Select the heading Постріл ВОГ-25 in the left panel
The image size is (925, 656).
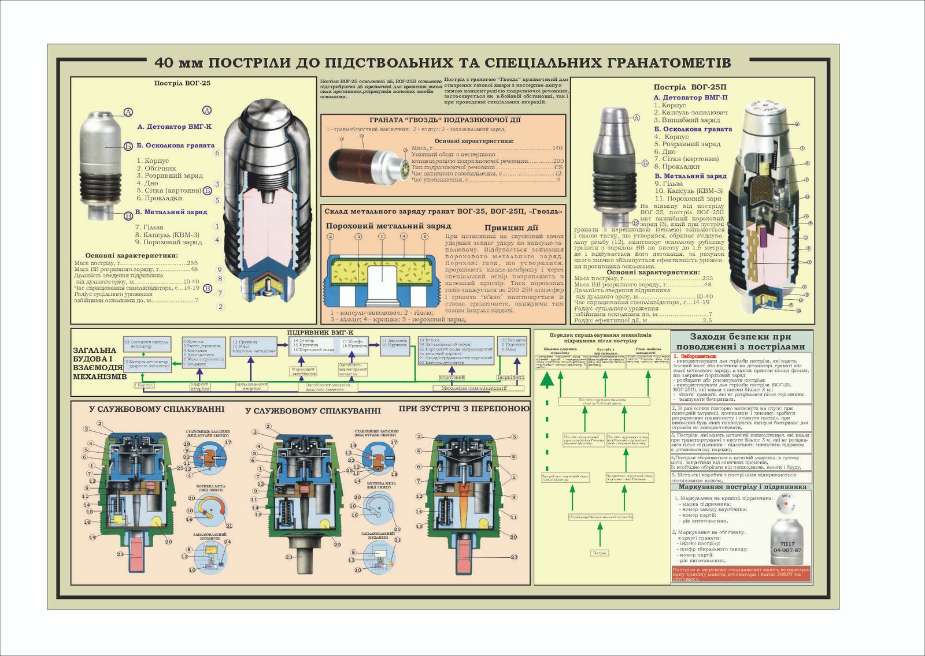pos(182,83)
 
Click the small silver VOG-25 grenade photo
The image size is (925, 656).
pos(105,165)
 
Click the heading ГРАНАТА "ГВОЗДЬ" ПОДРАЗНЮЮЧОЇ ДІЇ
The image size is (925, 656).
pos(445,120)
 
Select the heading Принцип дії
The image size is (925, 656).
pos(511,228)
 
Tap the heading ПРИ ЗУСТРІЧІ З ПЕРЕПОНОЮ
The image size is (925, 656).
pos(464,409)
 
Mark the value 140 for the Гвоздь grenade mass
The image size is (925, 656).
pos(557,148)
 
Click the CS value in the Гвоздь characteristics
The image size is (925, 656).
pos(558,167)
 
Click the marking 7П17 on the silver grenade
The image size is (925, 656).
pos(787,544)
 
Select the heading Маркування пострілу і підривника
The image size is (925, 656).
pos(742,487)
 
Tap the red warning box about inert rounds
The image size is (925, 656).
pos(741,573)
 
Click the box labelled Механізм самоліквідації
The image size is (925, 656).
pos(473,388)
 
